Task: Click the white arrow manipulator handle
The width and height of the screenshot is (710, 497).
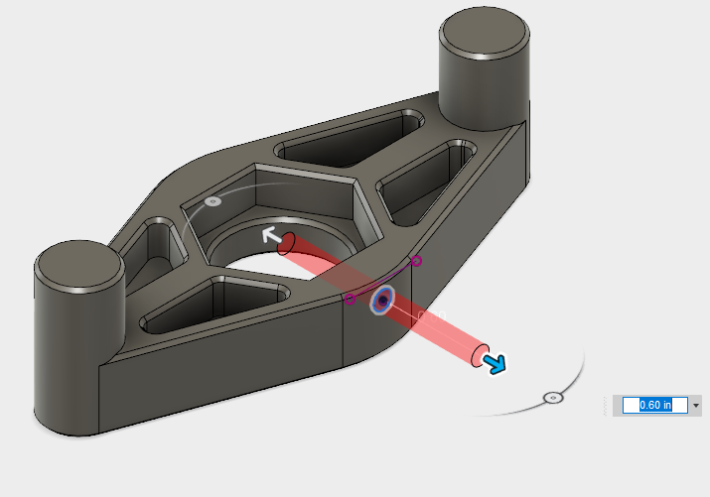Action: coord(268,235)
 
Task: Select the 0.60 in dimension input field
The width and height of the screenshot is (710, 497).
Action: coord(654,405)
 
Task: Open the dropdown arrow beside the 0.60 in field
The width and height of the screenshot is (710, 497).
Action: coord(696,405)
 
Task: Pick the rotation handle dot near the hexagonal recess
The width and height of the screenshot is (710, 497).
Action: coord(212,201)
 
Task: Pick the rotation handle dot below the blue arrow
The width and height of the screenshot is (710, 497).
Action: coord(553,397)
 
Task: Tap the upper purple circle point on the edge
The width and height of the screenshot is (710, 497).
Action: coord(417,261)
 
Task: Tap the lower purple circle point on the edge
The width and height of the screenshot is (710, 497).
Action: coord(350,299)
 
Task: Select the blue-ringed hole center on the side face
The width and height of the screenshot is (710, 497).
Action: coord(382,301)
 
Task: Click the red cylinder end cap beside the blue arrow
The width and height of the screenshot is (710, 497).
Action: coord(481,353)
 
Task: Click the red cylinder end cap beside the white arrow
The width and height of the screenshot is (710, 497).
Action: coord(287,243)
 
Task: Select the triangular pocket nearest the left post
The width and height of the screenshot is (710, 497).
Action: coord(213,304)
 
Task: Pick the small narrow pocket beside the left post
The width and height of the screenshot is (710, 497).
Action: coord(157,242)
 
